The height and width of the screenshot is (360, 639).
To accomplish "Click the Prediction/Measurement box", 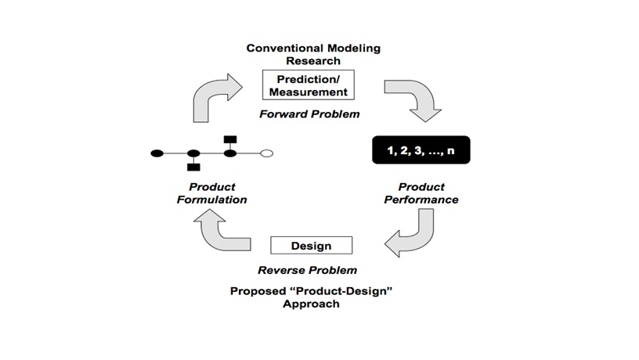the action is [309, 85].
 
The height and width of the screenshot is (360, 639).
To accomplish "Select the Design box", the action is [312, 246].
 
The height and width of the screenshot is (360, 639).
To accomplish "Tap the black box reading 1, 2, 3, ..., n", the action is [421, 150].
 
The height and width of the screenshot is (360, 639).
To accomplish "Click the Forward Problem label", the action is [310, 114].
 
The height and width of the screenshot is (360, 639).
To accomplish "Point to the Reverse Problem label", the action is [307, 270].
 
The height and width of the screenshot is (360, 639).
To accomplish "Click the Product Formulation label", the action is [212, 193].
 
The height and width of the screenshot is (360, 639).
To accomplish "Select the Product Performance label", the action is [421, 193].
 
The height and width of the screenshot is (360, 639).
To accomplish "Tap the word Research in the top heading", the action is [313, 61].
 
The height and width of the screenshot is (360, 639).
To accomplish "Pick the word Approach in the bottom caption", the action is [311, 304].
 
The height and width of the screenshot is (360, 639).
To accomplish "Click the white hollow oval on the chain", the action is [266, 153].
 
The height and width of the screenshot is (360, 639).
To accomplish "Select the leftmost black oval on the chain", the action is [157, 153].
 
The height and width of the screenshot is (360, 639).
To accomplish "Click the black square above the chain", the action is [230, 139].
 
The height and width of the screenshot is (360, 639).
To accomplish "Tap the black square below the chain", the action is [193, 167].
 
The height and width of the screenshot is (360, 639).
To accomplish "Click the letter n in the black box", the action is [450, 151].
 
